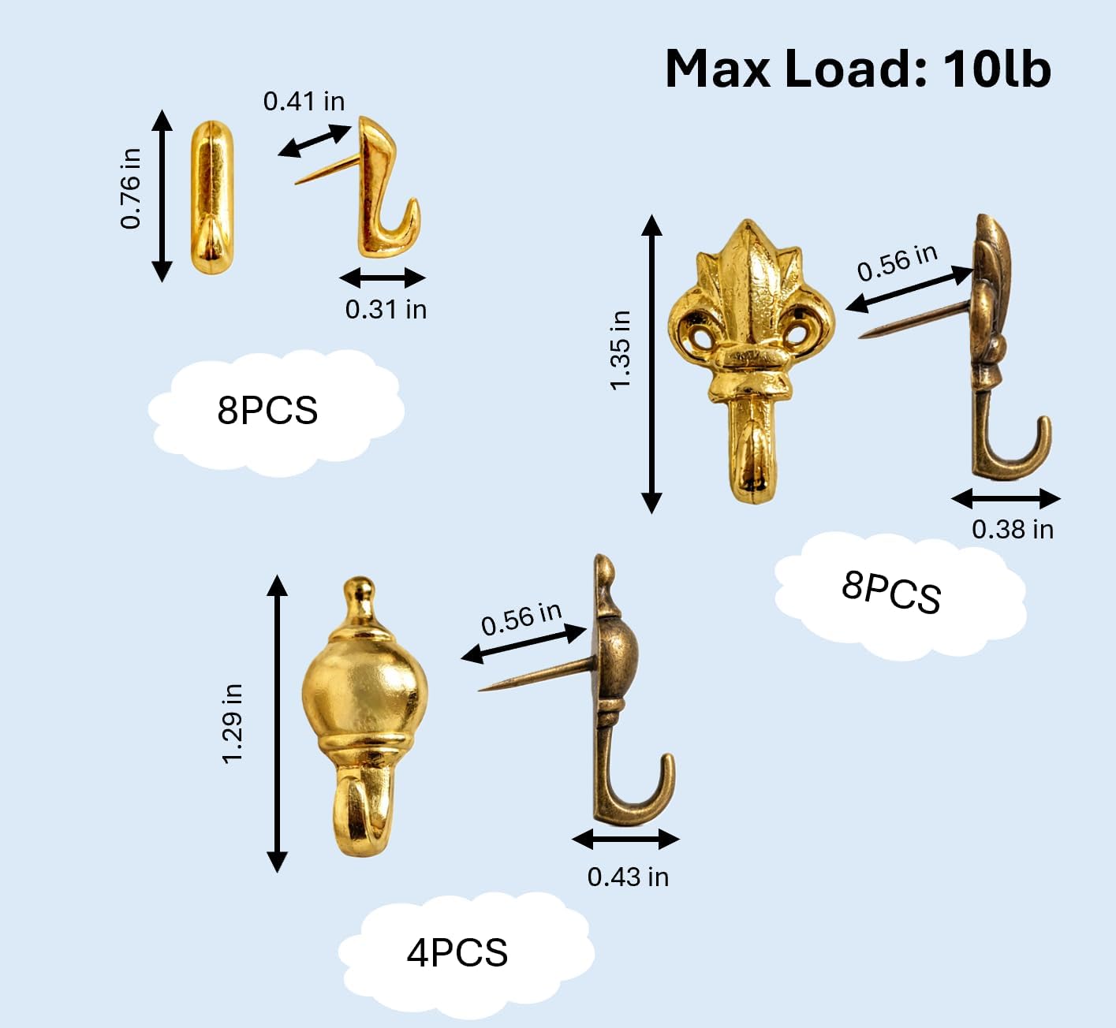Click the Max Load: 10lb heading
857,69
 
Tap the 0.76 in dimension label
130,188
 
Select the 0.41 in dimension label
304,101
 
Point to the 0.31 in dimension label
386,309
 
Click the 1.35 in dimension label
621,351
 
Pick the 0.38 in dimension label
1013,529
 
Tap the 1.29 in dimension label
231,723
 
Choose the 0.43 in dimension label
628,877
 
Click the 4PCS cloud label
457,952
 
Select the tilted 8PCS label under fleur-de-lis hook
891,592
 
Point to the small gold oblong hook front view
212,197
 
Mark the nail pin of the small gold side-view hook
328,169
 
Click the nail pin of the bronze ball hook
537,674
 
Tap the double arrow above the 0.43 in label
626,839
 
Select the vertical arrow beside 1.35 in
651,363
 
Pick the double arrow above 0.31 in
383,277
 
